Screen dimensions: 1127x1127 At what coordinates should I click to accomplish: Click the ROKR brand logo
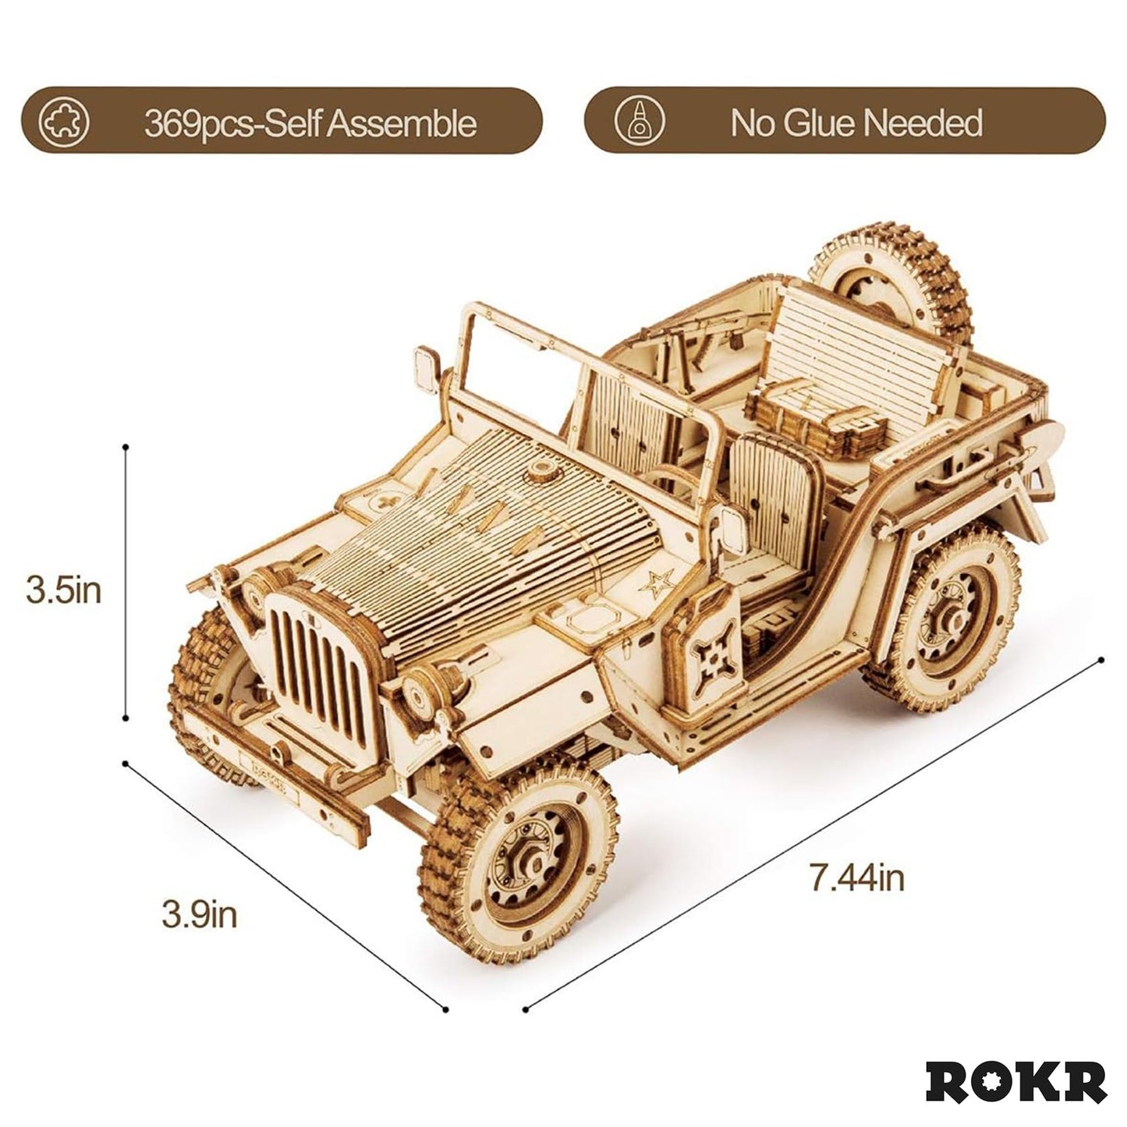(1015, 1083)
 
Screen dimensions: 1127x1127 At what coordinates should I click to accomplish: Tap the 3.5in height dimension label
(64, 590)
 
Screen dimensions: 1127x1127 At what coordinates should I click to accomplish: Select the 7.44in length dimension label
(856, 879)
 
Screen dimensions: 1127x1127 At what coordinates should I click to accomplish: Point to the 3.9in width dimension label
(199, 913)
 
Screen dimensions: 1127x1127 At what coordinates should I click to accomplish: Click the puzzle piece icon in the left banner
(64, 122)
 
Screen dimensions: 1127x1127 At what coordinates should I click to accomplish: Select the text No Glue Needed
(856, 123)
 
